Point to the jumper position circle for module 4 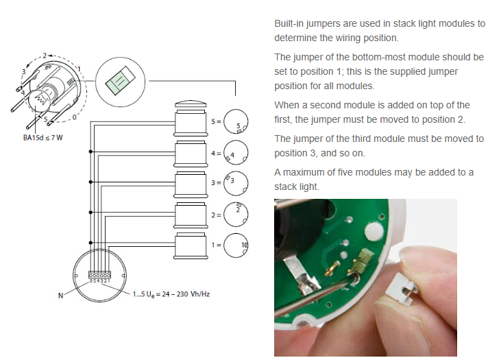click(236, 154)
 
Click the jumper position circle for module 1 click(236, 245)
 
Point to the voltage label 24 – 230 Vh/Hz click(181, 295)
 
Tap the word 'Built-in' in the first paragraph click(290, 23)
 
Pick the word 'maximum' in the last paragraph click(306, 172)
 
